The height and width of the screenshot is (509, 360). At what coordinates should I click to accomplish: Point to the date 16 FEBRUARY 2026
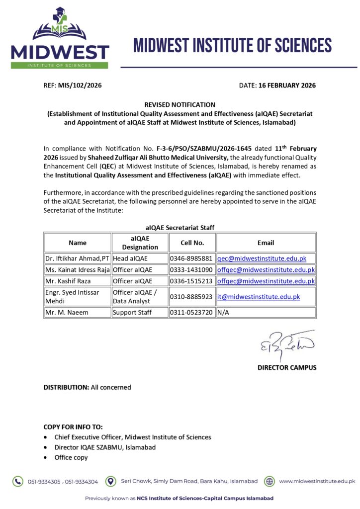[x=287, y=85]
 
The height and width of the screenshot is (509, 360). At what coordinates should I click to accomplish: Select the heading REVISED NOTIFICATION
[x=180, y=105]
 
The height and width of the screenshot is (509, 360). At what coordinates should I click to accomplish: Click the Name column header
[x=78, y=243]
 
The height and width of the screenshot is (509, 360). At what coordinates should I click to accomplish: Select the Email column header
[x=266, y=243]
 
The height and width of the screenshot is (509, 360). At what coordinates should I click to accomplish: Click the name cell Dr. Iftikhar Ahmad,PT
[x=77, y=258]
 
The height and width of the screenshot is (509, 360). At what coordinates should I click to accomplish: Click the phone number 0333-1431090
[x=191, y=270]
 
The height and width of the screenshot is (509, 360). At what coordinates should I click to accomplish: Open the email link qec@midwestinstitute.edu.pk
[x=262, y=258]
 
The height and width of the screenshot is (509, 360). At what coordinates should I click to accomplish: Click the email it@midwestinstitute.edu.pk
[x=259, y=297]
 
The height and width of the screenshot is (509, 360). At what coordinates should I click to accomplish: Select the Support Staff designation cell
[x=132, y=313]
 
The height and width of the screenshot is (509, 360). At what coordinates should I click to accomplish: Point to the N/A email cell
[x=223, y=313]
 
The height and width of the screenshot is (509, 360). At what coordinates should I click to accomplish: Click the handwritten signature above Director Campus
[x=285, y=344]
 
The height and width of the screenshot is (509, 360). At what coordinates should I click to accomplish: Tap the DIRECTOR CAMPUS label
[x=287, y=368]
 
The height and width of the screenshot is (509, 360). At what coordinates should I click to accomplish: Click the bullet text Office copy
[x=71, y=457]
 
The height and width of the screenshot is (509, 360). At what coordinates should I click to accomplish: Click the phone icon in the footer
[x=18, y=481]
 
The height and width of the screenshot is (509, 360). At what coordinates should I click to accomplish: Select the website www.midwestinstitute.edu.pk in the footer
[x=317, y=481]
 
